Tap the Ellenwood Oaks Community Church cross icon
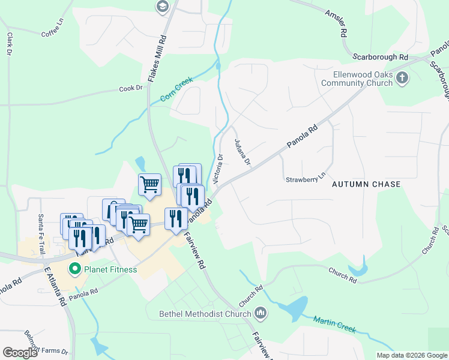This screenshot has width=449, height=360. [402, 77]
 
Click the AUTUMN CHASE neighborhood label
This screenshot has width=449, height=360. [366, 184]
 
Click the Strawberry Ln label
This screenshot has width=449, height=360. [305, 179]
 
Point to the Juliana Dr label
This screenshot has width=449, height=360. [242, 152]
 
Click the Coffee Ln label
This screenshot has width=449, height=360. [52, 31]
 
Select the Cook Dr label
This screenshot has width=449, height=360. [131, 88]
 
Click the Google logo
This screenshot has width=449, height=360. [20, 353]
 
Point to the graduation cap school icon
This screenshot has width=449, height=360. [162, 7]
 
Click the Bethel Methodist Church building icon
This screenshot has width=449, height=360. [261, 313]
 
